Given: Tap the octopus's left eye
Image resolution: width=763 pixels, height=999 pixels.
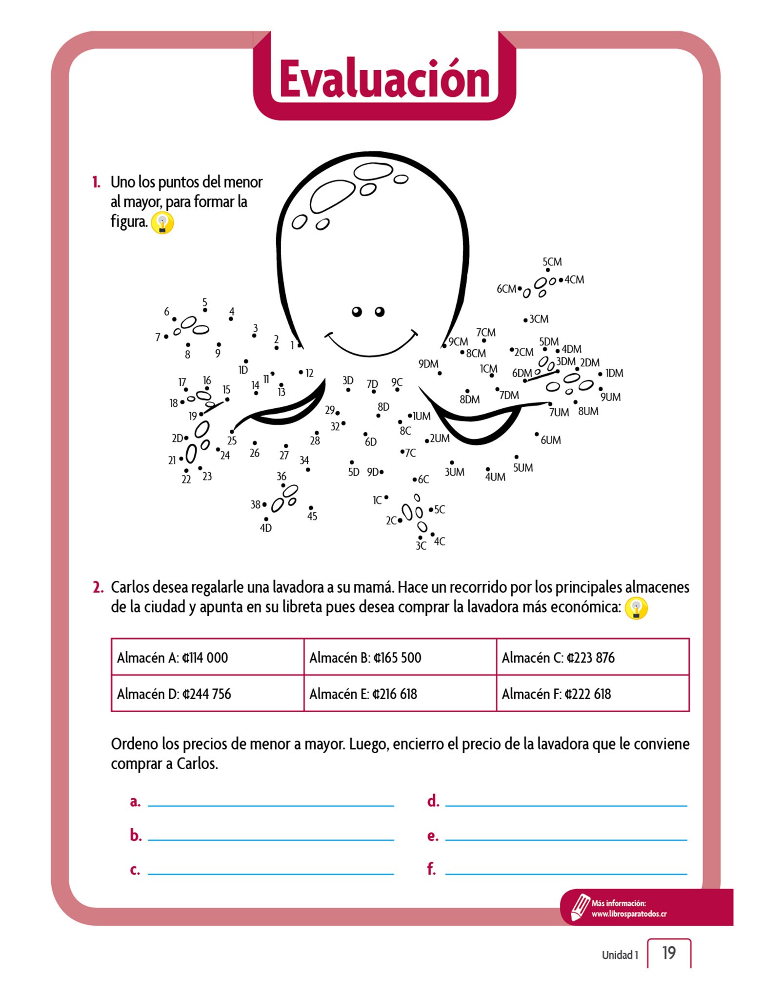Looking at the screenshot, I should tap(357, 311).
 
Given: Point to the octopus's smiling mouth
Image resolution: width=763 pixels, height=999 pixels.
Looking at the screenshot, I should tap(371, 344).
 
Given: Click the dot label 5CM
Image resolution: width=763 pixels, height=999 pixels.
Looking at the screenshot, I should tap(552, 262).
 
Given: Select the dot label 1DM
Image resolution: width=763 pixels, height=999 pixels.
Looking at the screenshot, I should tap(614, 373).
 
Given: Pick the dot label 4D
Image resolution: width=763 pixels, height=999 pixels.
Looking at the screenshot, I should tap(266, 528).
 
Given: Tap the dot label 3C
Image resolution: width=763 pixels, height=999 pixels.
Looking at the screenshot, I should tap(421, 546).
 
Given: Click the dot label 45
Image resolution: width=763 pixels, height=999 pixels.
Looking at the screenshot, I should tap(312, 516).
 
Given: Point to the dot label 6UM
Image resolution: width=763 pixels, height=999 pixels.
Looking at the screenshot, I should tap(550, 440).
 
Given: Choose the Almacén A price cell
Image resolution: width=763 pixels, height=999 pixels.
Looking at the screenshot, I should tap(207, 657).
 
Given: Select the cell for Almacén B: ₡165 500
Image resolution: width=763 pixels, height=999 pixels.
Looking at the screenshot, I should tap(400, 657).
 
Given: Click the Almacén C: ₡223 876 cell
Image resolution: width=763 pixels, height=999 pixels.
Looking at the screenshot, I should tap(592, 657).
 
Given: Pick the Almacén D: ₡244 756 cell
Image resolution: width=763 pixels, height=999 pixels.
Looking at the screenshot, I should tap(207, 694).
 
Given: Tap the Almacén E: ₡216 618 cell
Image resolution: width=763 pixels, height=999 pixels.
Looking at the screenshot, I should tap(400, 694).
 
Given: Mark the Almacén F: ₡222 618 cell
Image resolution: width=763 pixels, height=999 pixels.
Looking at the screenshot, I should tap(592, 694).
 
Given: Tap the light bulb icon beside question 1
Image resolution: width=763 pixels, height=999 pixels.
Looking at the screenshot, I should tap(162, 223).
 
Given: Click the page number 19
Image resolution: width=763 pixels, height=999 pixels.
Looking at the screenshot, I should tap(669, 953).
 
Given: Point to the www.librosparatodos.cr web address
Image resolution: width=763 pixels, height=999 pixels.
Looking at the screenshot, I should tap(629, 914).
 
